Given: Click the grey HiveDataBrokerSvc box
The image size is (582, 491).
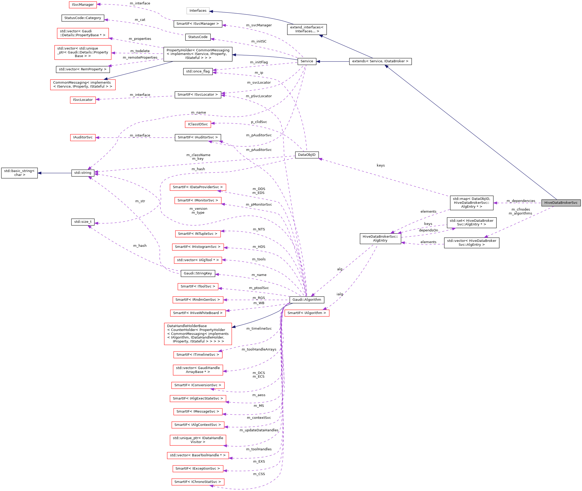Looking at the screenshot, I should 561,203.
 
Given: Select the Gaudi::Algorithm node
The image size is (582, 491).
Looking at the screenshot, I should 307,299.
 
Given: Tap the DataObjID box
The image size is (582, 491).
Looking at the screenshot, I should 307,155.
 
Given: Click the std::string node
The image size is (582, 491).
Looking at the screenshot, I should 83,173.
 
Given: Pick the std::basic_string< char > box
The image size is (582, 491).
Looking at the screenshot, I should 19,173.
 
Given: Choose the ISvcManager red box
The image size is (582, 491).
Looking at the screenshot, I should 83,5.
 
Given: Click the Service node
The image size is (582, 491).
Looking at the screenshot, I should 307,61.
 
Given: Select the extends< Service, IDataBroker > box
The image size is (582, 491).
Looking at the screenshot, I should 380,61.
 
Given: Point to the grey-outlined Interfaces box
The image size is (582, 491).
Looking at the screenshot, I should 198,11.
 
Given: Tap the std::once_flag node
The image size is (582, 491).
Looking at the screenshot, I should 198,71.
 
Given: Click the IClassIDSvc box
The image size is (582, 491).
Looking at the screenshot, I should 198,124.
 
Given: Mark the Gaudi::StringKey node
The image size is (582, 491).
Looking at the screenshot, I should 198,273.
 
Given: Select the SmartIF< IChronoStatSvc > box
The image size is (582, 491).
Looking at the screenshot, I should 198,482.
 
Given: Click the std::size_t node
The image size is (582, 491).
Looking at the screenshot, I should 83,222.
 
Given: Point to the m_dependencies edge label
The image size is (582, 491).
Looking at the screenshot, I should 521,201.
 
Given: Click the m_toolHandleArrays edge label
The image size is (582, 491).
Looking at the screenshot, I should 259,349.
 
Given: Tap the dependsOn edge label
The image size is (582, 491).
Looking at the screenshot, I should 428,230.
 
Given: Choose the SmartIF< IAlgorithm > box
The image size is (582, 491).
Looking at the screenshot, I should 307,313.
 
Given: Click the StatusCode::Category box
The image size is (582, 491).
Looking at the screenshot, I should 83,18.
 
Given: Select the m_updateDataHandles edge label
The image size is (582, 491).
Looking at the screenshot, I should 259,430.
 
